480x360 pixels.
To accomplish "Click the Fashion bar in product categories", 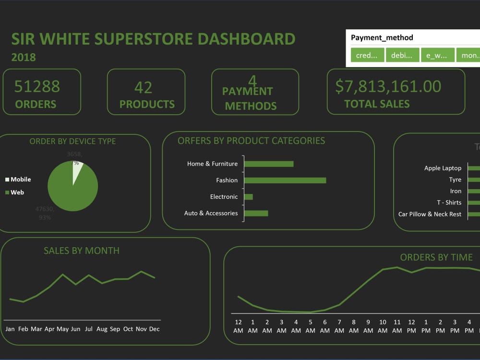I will (285, 180).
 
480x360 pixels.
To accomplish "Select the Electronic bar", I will (249, 197).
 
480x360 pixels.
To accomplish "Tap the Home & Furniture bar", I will (269, 164).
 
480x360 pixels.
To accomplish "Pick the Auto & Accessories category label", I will (211, 213).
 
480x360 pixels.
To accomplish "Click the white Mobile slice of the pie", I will (77, 173).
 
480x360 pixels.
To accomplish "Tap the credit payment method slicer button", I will (367, 55).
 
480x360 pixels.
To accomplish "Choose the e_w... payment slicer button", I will (437, 55).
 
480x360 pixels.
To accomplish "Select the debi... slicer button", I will (402, 55).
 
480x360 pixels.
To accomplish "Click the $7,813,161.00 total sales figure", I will (388, 86).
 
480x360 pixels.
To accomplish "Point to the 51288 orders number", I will (37, 86).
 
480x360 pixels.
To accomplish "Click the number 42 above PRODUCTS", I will (143, 87).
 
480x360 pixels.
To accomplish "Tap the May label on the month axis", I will (62, 329).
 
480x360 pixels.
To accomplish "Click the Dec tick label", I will (154, 329).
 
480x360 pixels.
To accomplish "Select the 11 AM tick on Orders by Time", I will (397, 326).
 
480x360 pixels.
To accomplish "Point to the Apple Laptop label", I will (443, 168).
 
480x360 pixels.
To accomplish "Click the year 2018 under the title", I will (24, 57).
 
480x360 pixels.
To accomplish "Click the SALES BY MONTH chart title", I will (82, 251).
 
